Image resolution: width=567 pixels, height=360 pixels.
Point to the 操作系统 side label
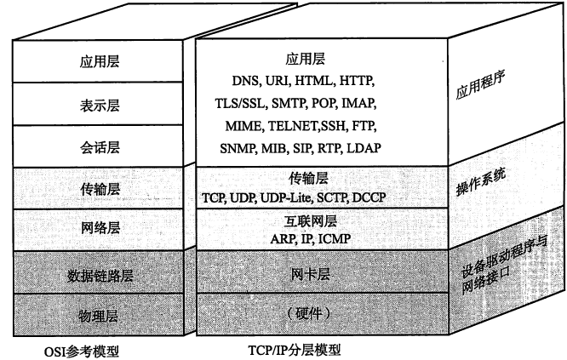pos(481,182)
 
